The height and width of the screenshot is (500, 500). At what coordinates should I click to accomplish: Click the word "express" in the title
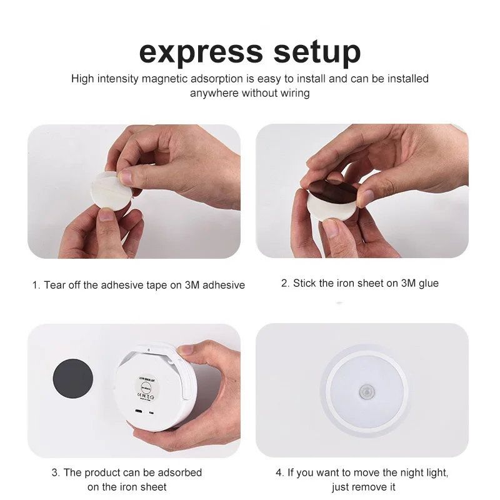point(201,52)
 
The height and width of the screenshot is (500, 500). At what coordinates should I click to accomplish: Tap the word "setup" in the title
point(317,52)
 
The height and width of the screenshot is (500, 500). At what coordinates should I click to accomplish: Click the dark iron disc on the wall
point(73,379)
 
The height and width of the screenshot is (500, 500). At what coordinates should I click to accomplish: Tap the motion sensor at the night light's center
point(367,392)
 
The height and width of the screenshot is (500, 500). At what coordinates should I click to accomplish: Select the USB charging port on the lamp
point(139,411)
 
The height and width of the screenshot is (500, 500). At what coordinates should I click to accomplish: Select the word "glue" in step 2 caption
point(429,284)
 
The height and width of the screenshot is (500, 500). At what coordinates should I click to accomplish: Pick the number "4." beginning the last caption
point(279,472)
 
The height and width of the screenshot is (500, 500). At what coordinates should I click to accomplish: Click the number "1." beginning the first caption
point(36,285)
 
